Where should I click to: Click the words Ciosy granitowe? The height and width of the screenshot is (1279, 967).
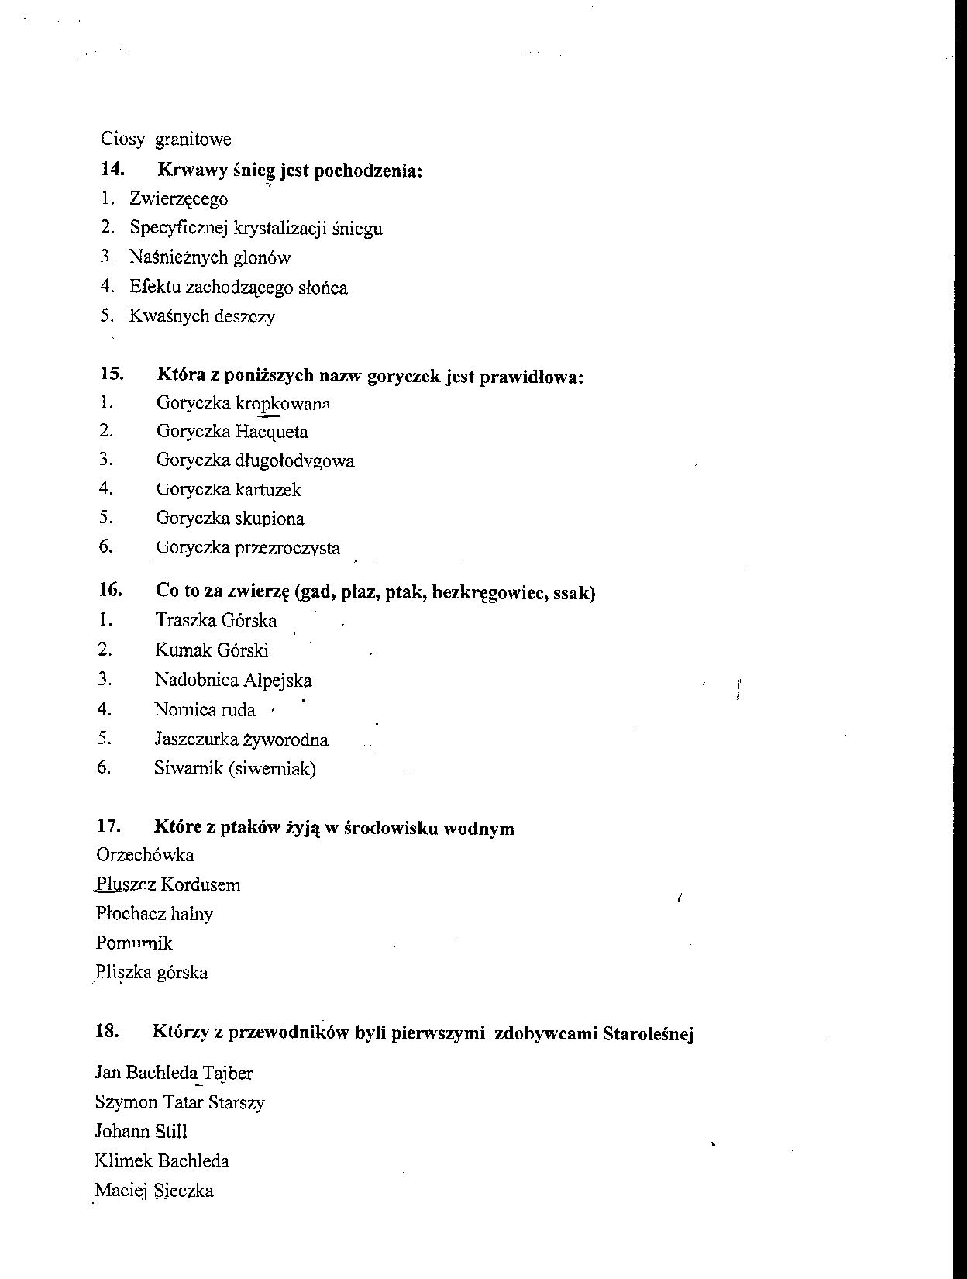[x=166, y=140]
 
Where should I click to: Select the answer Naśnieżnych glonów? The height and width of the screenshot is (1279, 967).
[x=209, y=257]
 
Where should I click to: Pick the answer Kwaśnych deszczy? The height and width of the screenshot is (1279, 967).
[x=201, y=316]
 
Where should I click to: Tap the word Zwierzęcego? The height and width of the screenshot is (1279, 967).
[x=178, y=199]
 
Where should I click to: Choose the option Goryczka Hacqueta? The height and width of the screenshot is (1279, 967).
[x=232, y=432]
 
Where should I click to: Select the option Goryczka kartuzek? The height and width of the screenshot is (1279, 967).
[x=228, y=490]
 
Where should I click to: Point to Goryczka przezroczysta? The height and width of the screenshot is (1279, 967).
[x=247, y=548]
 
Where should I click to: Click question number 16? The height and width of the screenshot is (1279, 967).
[x=111, y=590]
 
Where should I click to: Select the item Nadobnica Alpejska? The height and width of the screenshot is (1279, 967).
[x=232, y=681]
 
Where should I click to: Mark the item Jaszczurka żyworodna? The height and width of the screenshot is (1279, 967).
[x=240, y=739]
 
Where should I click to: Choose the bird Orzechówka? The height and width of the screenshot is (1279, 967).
[x=145, y=855]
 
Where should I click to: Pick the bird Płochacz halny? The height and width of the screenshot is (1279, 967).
[x=154, y=914]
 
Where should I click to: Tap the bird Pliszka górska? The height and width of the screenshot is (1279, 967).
[x=151, y=973]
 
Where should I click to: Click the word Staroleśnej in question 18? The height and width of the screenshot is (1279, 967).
[x=648, y=1033]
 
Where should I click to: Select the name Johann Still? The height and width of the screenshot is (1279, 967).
[x=141, y=1132]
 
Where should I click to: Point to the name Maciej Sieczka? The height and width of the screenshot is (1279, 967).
[x=153, y=1191]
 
